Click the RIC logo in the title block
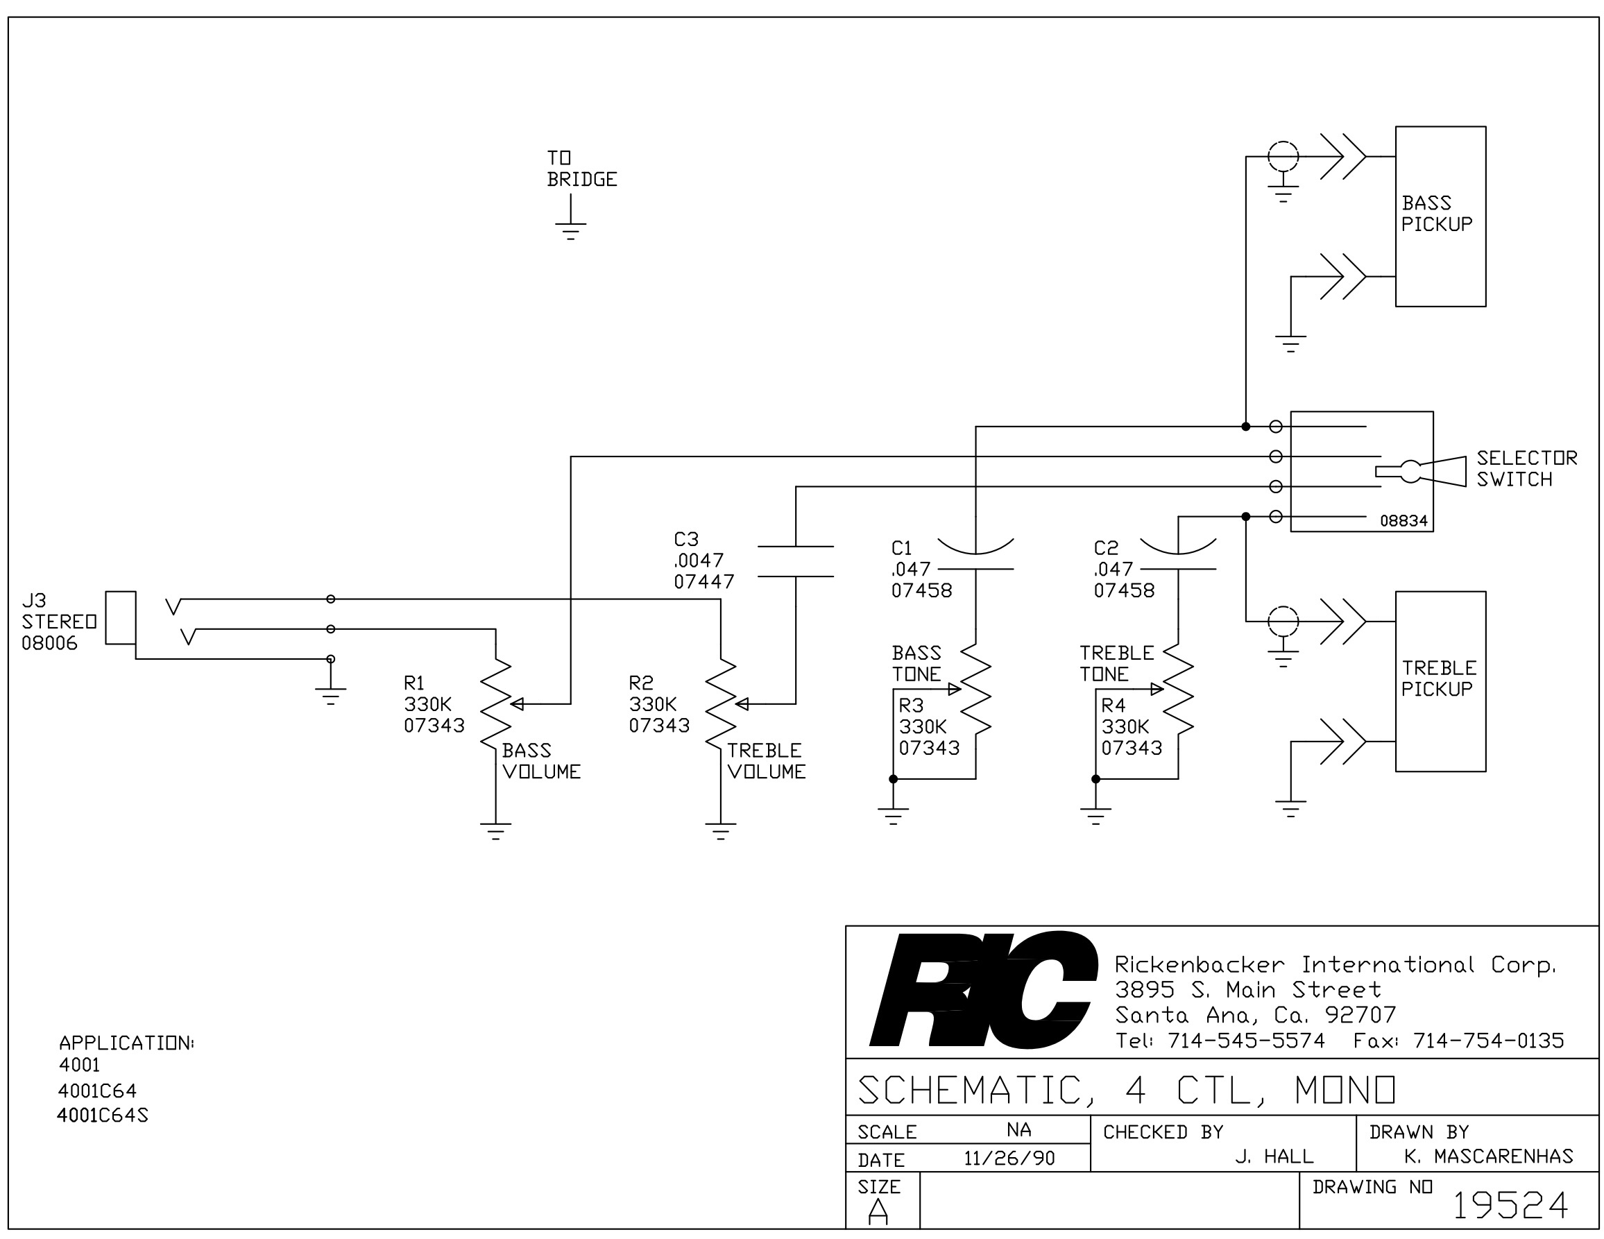pos(984,989)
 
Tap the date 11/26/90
pos(1009,1159)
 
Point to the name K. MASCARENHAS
pos(1489,1156)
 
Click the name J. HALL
pos(1274,1156)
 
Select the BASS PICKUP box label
pos(1437,213)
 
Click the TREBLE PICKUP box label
pos(1439,678)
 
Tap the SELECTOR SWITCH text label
pos(1527,468)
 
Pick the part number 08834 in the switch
pos(1403,521)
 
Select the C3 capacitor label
pos(686,539)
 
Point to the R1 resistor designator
pos(414,683)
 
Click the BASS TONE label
pos(916,663)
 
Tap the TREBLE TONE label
pos(1116,663)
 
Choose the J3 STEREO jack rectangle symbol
pos(121,617)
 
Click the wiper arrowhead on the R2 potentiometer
pos(741,704)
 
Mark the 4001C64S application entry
pos(103,1115)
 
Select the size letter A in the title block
pos(878,1211)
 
